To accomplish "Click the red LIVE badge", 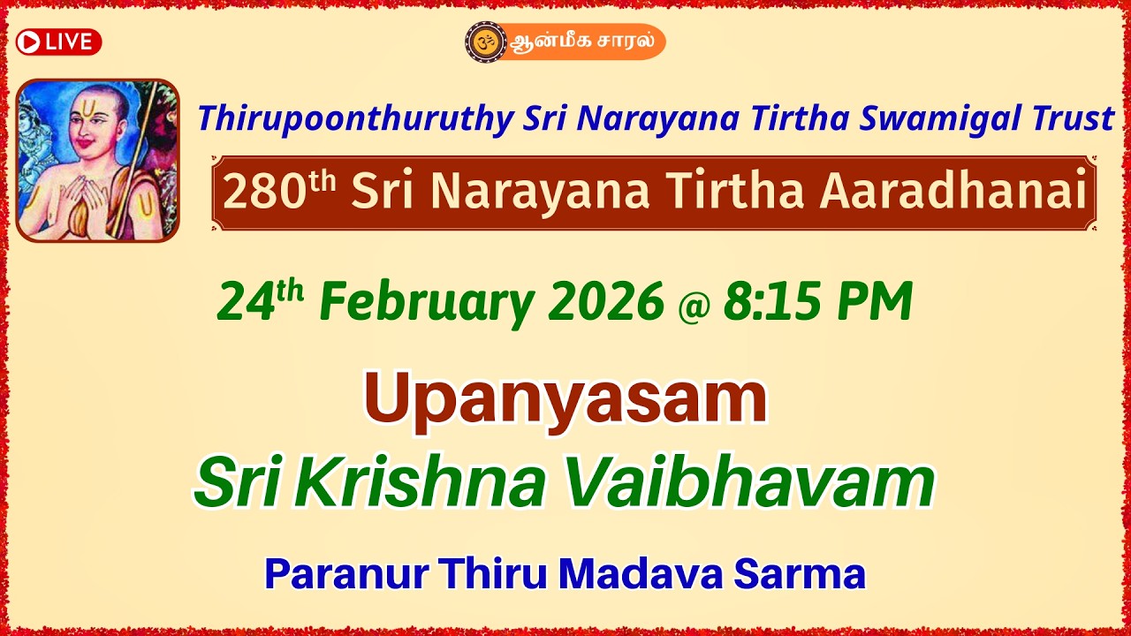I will (58, 42).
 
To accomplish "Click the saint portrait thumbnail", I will (97, 160).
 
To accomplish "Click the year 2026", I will (605, 302).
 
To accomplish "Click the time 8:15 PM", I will (817, 302).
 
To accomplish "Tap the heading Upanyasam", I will (565, 398).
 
